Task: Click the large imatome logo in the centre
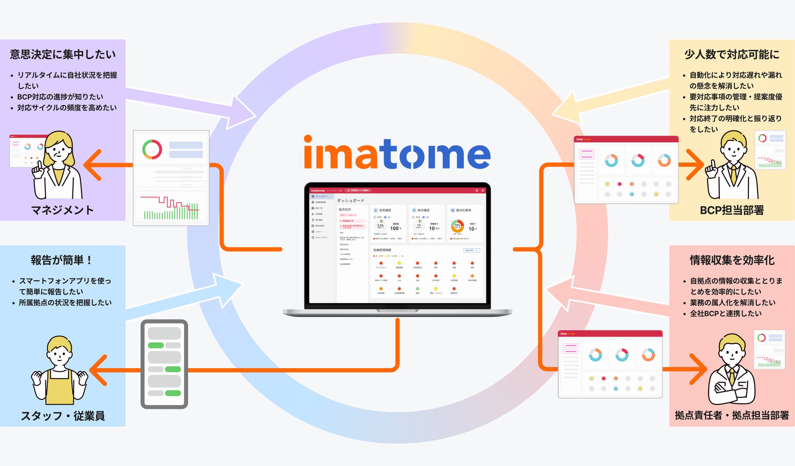click(397, 153)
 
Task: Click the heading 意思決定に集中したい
click(63, 54)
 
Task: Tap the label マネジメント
click(62, 210)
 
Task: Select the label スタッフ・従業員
click(63, 416)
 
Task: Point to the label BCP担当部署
click(732, 210)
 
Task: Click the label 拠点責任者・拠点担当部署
click(732, 415)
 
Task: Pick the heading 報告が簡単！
click(62, 260)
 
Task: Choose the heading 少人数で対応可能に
click(732, 54)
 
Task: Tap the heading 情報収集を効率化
click(732, 260)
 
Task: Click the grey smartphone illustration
click(164, 364)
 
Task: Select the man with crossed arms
click(732, 371)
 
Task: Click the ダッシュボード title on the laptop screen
click(351, 200)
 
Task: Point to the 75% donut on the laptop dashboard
click(457, 226)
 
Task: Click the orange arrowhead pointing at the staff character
click(97, 370)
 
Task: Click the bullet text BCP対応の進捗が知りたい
click(60, 97)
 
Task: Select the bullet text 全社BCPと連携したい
click(726, 313)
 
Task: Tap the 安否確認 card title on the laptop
click(385, 210)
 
